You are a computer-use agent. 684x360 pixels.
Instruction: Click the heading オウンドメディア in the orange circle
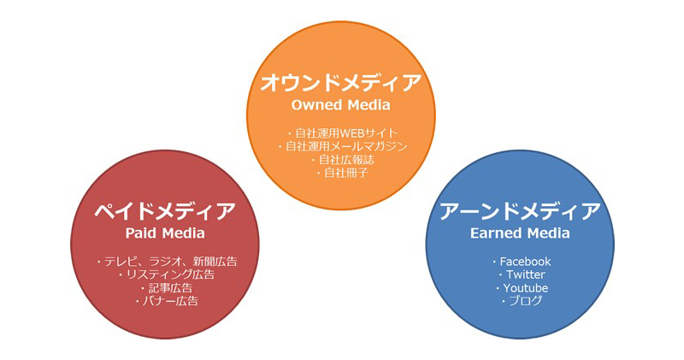(x=341, y=82)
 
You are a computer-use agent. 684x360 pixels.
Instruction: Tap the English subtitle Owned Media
(x=340, y=105)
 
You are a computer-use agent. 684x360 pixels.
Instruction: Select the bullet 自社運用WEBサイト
(x=347, y=133)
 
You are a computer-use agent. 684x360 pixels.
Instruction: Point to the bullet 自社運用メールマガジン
(x=346, y=146)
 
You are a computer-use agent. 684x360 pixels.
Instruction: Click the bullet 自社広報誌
(x=346, y=159)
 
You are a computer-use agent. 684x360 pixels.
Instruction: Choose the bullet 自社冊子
(x=346, y=173)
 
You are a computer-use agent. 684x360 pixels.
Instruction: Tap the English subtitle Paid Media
(x=165, y=233)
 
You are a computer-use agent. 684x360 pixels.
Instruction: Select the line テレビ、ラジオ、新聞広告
(x=170, y=262)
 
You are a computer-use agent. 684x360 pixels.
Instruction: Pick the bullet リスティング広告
(x=170, y=274)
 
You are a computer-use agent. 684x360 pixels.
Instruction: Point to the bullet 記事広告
(x=170, y=288)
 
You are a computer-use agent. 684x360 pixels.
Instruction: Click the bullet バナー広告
(x=170, y=301)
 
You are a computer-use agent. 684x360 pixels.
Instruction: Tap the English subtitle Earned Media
(x=520, y=233)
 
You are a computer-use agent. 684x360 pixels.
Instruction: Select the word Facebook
(x=525, y=262)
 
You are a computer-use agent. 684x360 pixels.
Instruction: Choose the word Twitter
(x=526, y=274)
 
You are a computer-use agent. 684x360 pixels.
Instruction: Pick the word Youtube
(x=526, y=288)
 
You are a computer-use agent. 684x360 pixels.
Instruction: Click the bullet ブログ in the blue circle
(x=526, y=301)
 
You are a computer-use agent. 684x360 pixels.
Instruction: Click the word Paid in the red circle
(x=139, y=233)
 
